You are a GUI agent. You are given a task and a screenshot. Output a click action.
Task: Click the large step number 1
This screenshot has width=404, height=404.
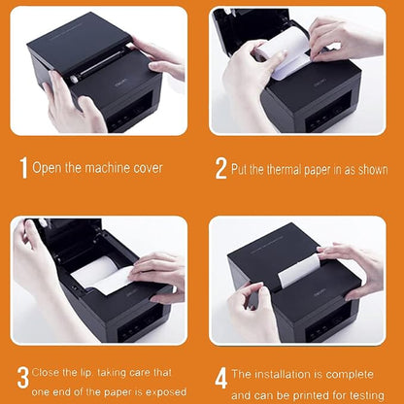[23, 168]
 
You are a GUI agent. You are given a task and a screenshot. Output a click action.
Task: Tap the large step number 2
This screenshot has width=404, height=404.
[220, 168]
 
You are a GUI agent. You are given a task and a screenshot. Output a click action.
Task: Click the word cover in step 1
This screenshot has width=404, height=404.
[142, 168]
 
